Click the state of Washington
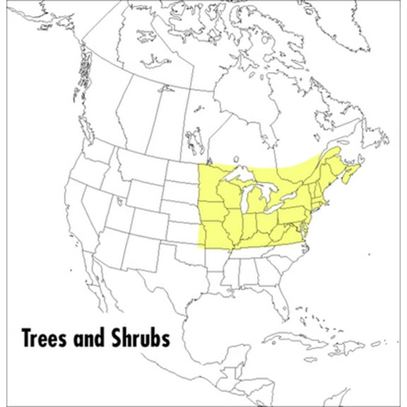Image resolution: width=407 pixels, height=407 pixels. pos(91,151)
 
